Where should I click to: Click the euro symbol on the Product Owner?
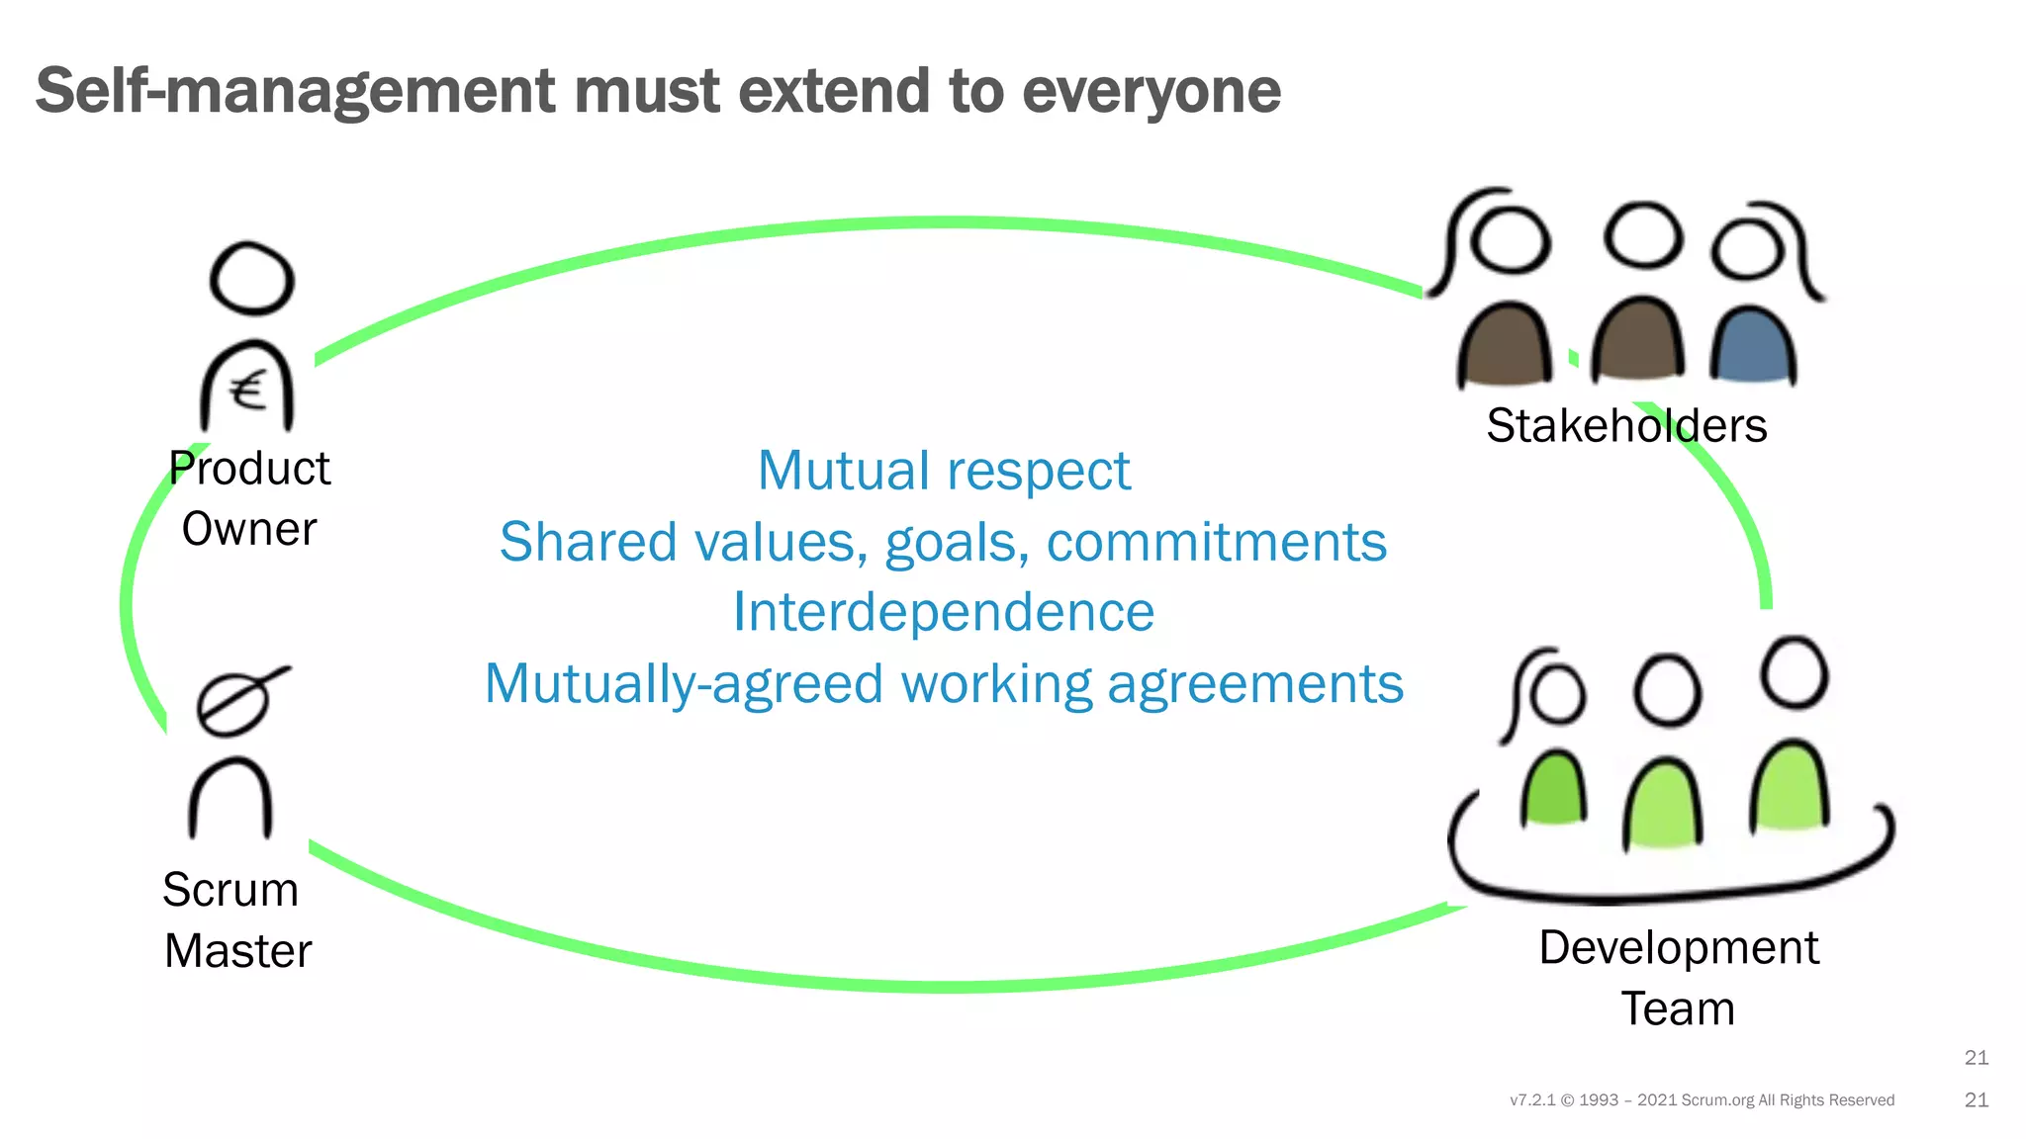[x=248, y=390]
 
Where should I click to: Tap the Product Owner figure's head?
[x=252, y=279]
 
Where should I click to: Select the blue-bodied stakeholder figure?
[x=1752, y=346]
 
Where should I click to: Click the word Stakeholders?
[x=1626, y=426]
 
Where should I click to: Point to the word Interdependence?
[x=944, y=612]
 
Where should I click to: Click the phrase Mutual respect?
[x=944, y=471]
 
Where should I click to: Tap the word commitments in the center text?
[x=1217, y=542]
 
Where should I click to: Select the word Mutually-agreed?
[x=684, y=684]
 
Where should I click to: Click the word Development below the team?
[x=1679, y=947]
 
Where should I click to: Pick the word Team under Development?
[x=1678, y=1009]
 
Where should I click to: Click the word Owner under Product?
[x=249, y=529]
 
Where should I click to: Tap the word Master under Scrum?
[x=238, y=951]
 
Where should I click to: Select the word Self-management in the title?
[x=296, y=91]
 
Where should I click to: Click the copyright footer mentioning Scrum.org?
[x=1702, y=1100]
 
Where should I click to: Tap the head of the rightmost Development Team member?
[x=1795, y=673]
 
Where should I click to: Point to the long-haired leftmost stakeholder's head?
[x=1510, y=240]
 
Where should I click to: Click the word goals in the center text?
[x=956, y=543]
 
